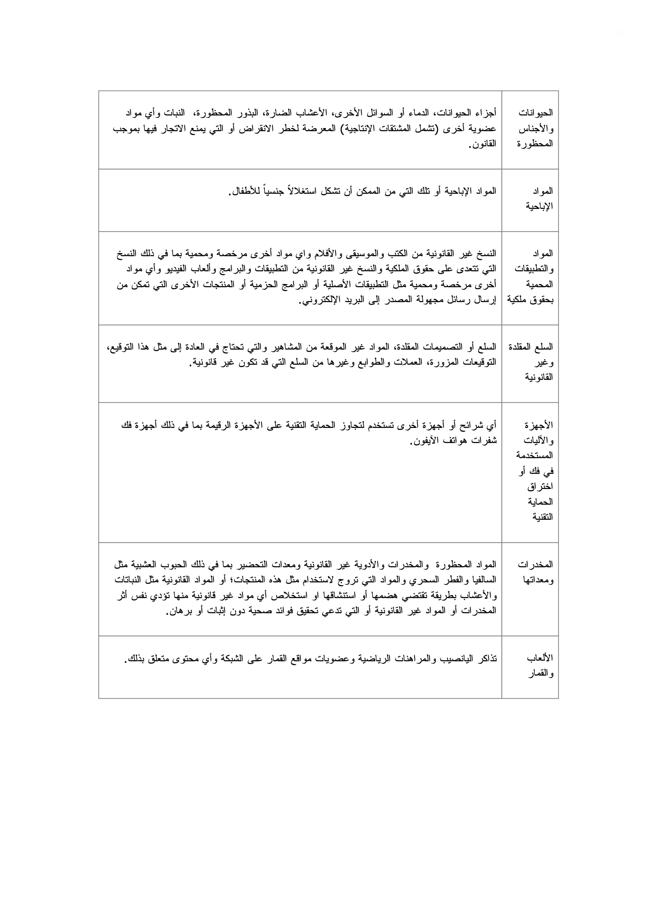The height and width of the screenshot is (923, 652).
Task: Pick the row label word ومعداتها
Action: pyautogui.click(x=537, y=580)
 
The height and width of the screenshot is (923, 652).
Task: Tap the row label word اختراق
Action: pyautogui.click(x=540, y=486)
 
